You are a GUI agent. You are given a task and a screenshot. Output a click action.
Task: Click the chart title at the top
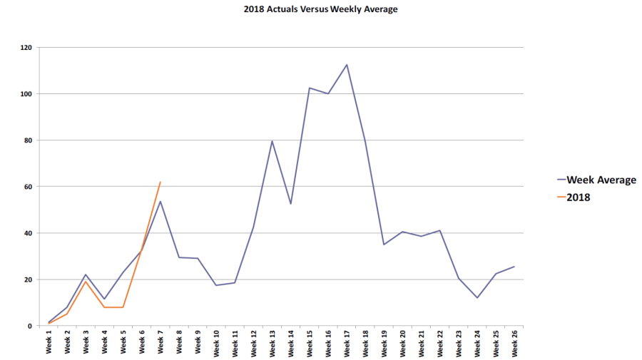tap(320, 9)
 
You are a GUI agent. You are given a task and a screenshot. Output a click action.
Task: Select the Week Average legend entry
tap(601, 180)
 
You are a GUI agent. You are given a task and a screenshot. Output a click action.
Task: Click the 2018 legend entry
tap(579, 197)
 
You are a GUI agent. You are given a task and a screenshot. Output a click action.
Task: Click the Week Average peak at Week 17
tap(347, 65)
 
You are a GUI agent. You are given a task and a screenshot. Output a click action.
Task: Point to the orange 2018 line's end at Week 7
tap(160, 182)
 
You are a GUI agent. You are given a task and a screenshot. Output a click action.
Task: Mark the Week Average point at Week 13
tap(272, 140)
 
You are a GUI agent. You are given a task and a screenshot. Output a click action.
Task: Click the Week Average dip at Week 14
tap(291, 204)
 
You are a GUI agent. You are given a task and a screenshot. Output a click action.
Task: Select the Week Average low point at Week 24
tap(477, 298)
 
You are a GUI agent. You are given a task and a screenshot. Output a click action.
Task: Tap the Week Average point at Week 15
tap(310, 88)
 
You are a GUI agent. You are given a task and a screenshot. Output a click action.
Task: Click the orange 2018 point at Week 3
tap(86, 282)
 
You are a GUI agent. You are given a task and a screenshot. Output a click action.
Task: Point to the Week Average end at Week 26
tap(514, 267)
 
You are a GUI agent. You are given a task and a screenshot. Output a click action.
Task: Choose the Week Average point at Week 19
tap(384, 245)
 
